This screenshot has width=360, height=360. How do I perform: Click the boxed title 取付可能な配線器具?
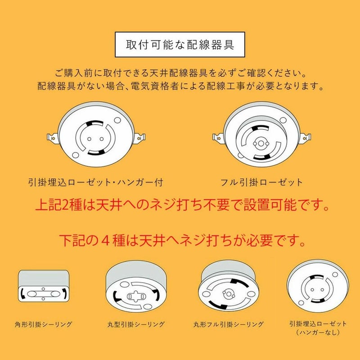180,45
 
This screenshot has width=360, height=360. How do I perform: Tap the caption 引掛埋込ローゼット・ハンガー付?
96,183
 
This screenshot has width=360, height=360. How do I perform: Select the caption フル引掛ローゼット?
261,183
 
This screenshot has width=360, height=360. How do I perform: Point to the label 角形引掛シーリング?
43,324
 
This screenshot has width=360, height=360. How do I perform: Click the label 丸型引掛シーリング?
136,324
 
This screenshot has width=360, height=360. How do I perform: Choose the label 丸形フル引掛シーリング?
228,324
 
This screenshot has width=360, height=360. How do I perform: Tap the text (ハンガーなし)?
318,332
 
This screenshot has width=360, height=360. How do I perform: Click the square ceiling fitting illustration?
43,286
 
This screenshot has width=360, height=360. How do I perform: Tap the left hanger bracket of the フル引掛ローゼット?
218,138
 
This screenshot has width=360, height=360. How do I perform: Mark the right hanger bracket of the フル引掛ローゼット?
306,138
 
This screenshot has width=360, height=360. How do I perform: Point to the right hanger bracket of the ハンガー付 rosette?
139,138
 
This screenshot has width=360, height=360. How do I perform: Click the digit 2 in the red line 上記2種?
65,205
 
